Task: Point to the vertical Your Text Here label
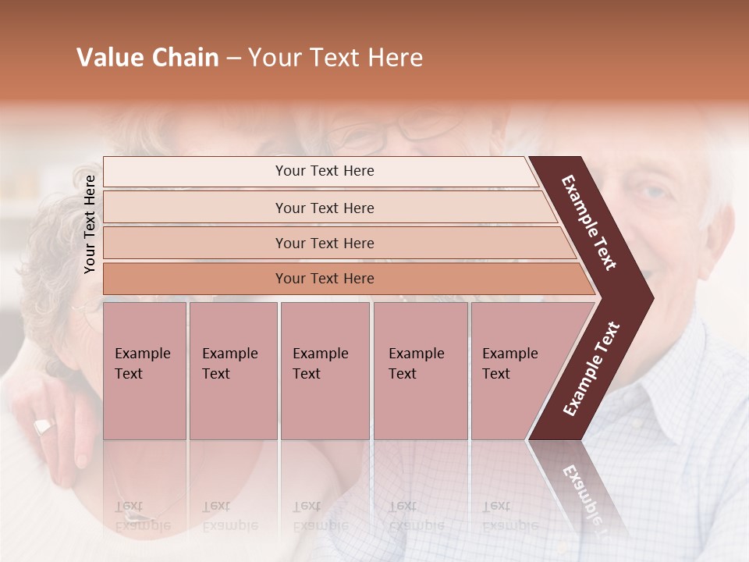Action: coord(90,224)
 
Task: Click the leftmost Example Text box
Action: coord(144,371)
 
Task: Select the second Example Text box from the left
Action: coord(233,371)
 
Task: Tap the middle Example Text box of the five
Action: coord(325,371)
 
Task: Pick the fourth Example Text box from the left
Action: coord(420,371)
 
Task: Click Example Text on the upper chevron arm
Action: coord(590,222)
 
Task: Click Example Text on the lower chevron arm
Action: coord(591,369)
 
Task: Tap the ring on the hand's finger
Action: coord(44,427)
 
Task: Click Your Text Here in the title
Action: coord(335,58)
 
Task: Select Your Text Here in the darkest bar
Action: coord(325,279)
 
